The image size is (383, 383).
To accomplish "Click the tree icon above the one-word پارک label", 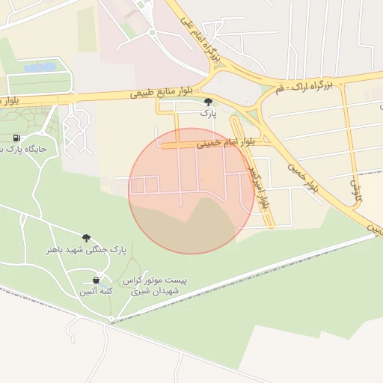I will (x=208, y=102).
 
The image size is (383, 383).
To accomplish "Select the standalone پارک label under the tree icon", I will (x=208, y=114).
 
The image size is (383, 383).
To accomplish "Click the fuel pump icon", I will (x=16, y=138).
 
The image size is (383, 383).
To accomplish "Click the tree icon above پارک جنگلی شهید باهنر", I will (x=87, y=237).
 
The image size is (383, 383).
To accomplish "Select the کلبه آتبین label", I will (x=96, y=292).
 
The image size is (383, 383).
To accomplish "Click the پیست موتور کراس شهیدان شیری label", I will (x=159, y=285).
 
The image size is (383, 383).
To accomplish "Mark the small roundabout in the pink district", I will (x=152, y=32).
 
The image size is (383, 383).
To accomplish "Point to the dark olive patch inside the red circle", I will (x=187, y=228).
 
